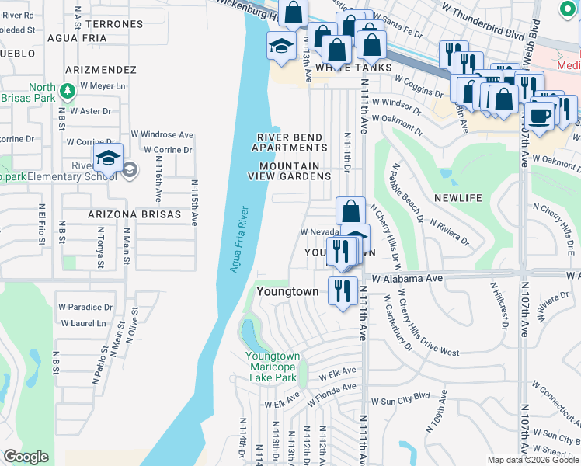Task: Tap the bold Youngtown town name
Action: (288, 291)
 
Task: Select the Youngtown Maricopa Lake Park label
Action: (272, 367)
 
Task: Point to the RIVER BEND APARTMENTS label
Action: (292, 142)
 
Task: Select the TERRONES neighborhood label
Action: (118, 24)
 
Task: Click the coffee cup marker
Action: (541, 116)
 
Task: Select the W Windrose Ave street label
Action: (162, 134)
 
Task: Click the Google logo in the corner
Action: (26, 457)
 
